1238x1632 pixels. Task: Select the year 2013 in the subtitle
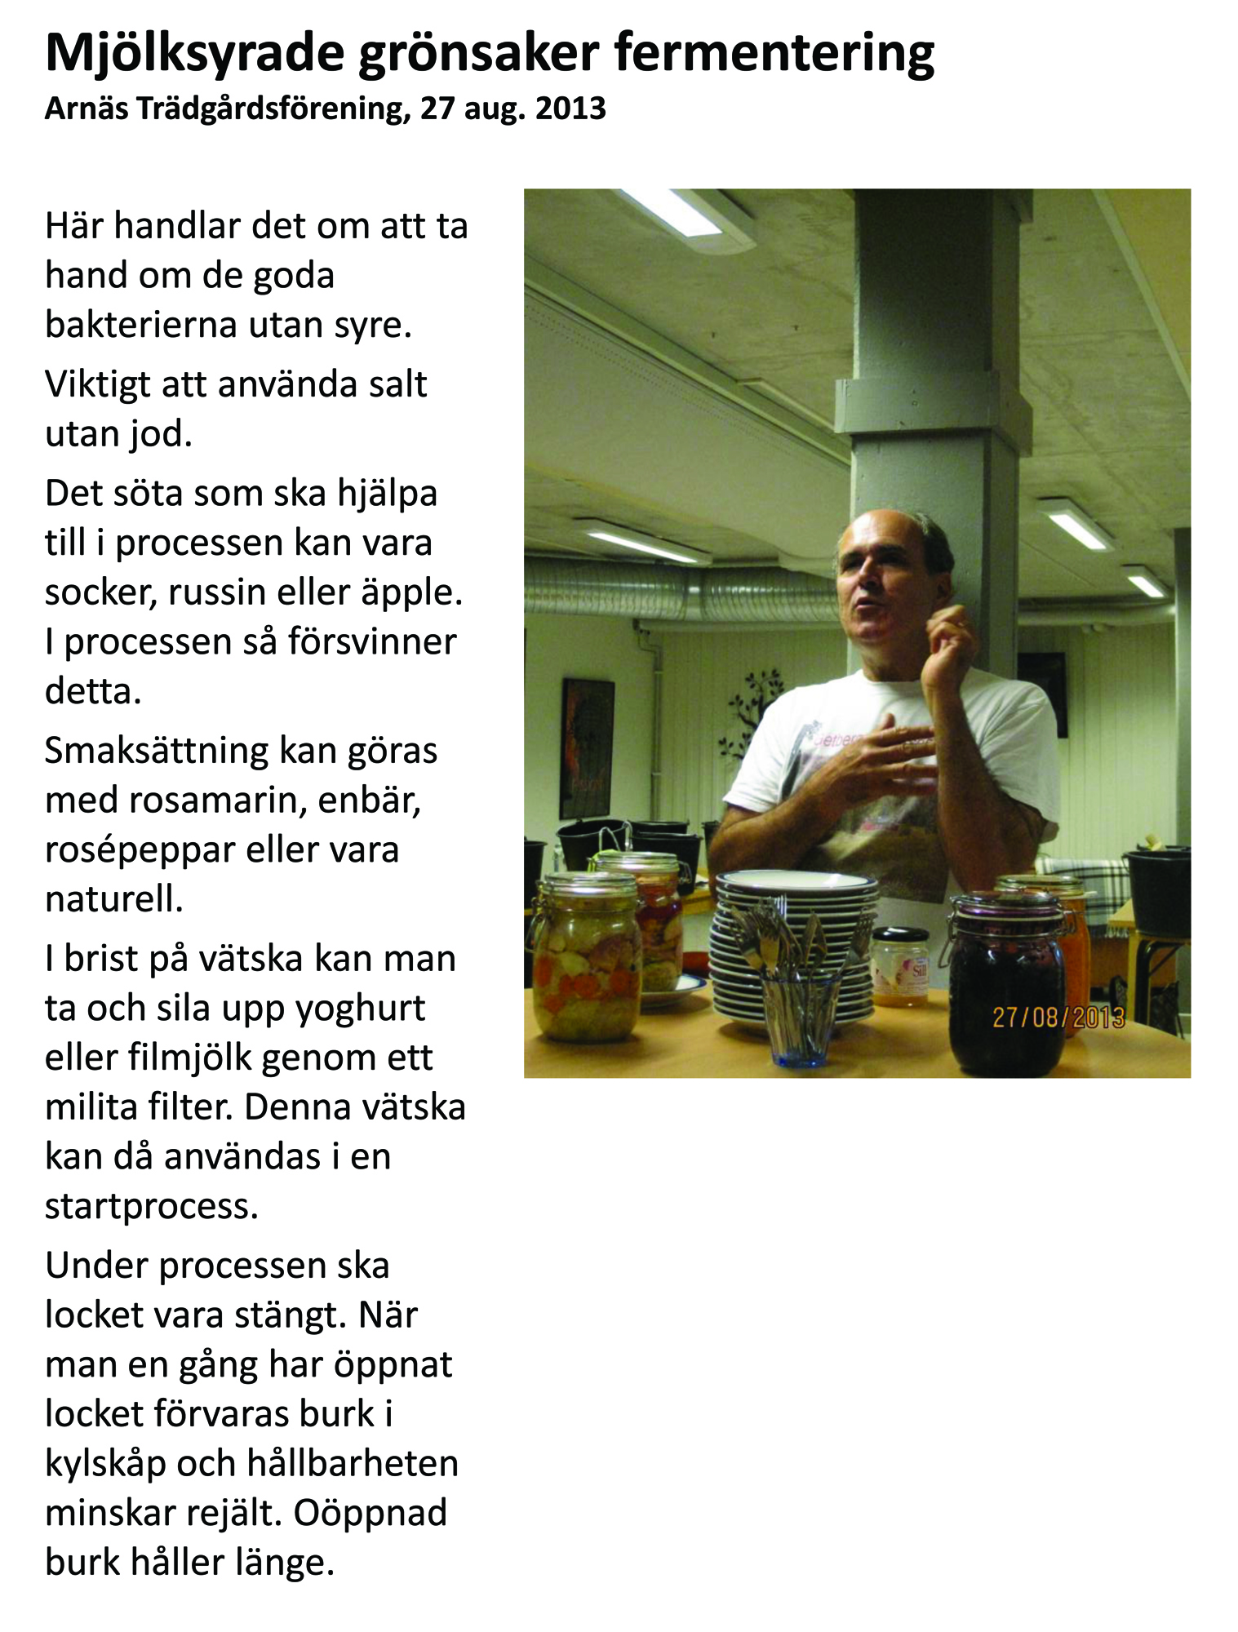pyautogui.click(x=570, y=109)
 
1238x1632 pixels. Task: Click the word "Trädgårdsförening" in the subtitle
pyautogui.click(x=267, y=109)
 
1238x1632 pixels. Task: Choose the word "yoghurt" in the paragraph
pyautogui.click(x=360, y=1009)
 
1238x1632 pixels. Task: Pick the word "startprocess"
pyautogui.click(x=151, y=1206)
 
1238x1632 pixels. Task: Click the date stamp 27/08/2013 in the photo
pyautogui.click(x=1058, y=1018)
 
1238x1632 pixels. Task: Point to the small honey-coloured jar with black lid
pyautogui.click(x=901, y=967)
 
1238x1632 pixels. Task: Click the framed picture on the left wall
pyautogui.click(x=586, y=748)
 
